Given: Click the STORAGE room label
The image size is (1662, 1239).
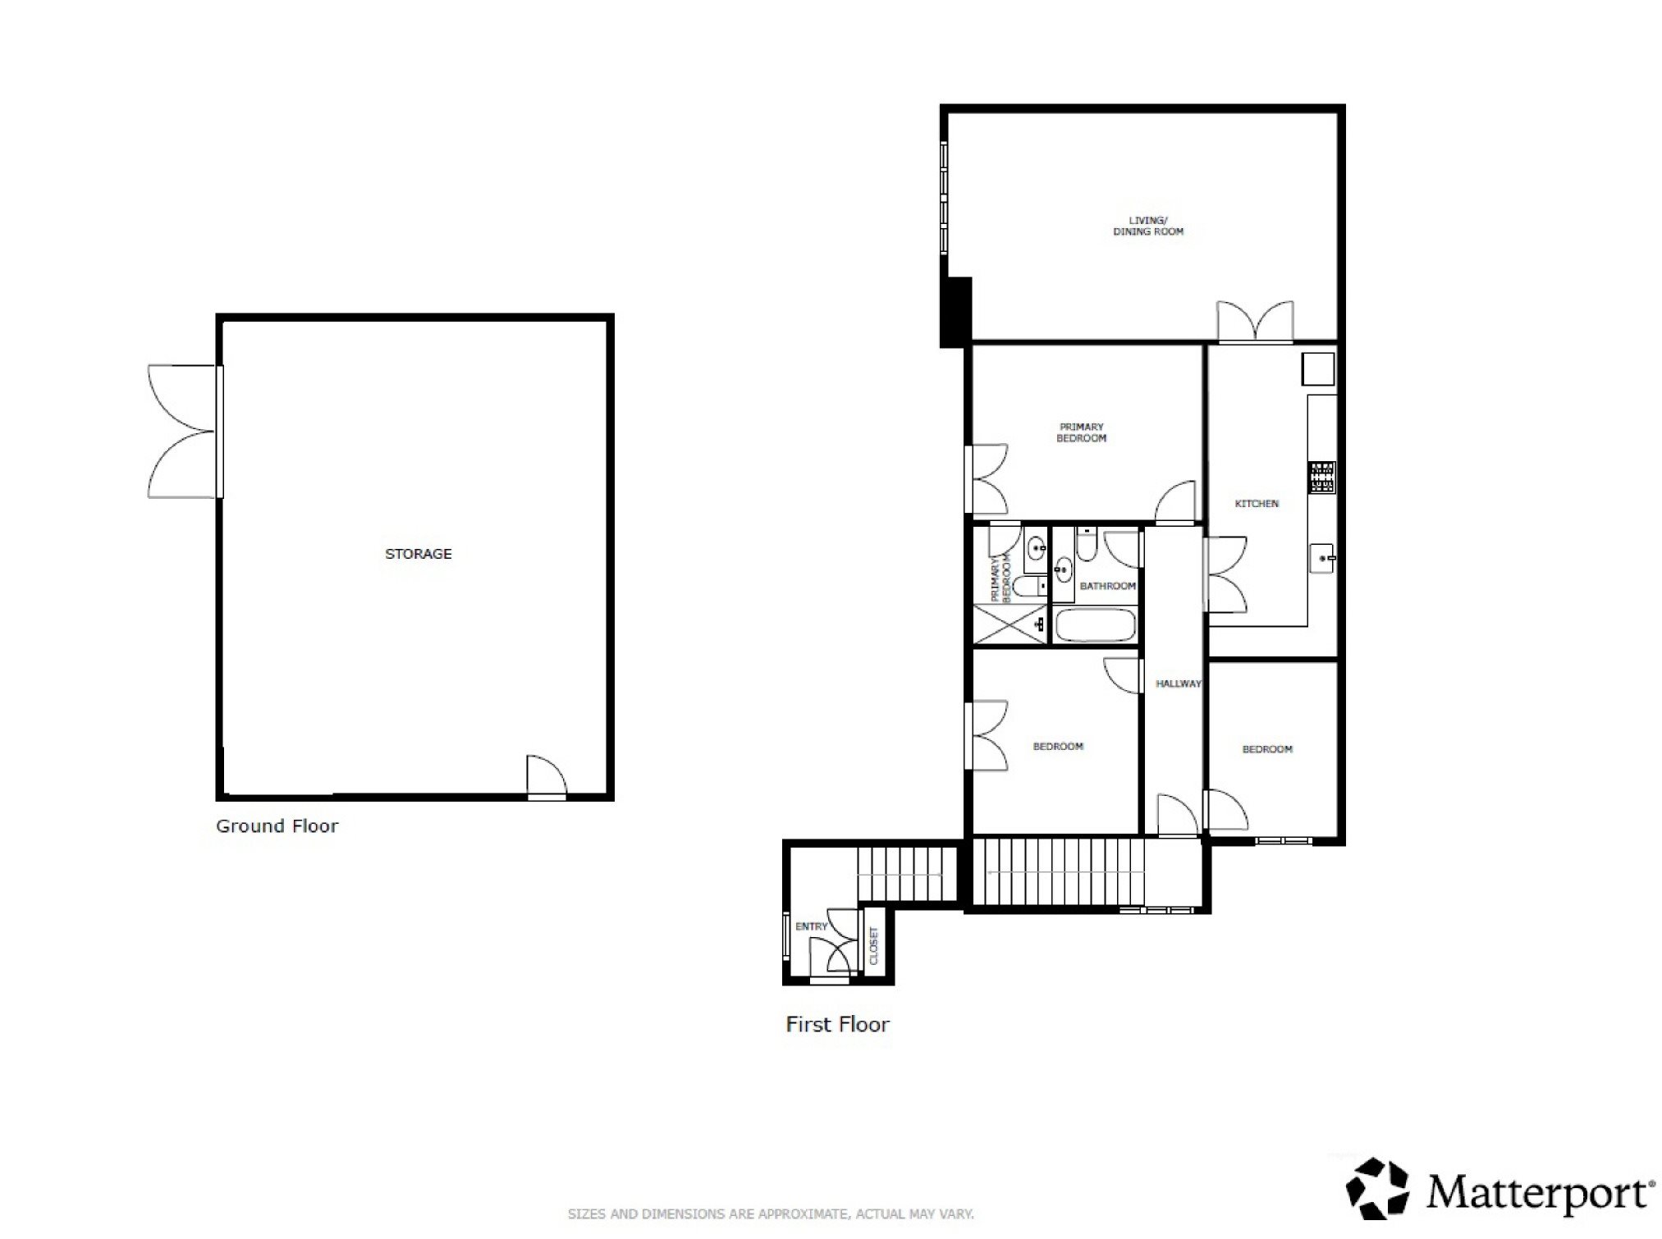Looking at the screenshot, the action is click(419, 554).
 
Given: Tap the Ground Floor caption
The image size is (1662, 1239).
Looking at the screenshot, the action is click(277, 825).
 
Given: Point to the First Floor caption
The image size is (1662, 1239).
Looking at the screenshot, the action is click(837, 1024).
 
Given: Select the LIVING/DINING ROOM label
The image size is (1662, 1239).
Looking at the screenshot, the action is click(1148, 226).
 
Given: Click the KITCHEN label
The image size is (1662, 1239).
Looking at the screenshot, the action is click(1257, 504).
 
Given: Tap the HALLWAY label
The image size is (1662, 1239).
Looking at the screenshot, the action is click(1179, 684).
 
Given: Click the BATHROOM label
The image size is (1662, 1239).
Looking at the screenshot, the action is click(1108, 586).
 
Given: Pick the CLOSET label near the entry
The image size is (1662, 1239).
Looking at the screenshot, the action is click(873, 946).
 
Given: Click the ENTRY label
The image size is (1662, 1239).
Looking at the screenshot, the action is click(812, 926).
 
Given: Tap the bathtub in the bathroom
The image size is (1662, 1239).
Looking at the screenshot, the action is click(1096, 625).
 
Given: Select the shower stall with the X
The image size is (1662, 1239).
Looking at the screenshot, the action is click(1010, 624).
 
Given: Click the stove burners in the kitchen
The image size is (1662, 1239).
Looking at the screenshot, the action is click(1322, 478).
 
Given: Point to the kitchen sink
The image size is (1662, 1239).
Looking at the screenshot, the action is click(1322, 559).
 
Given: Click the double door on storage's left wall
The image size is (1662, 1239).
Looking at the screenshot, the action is click(184, 432).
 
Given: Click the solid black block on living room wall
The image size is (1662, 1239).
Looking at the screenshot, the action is click(956, 312).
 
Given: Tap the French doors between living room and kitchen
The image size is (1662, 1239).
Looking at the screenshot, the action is click(1255, 322).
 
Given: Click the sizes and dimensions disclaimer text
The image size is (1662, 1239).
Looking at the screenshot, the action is click(771, 1214).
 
